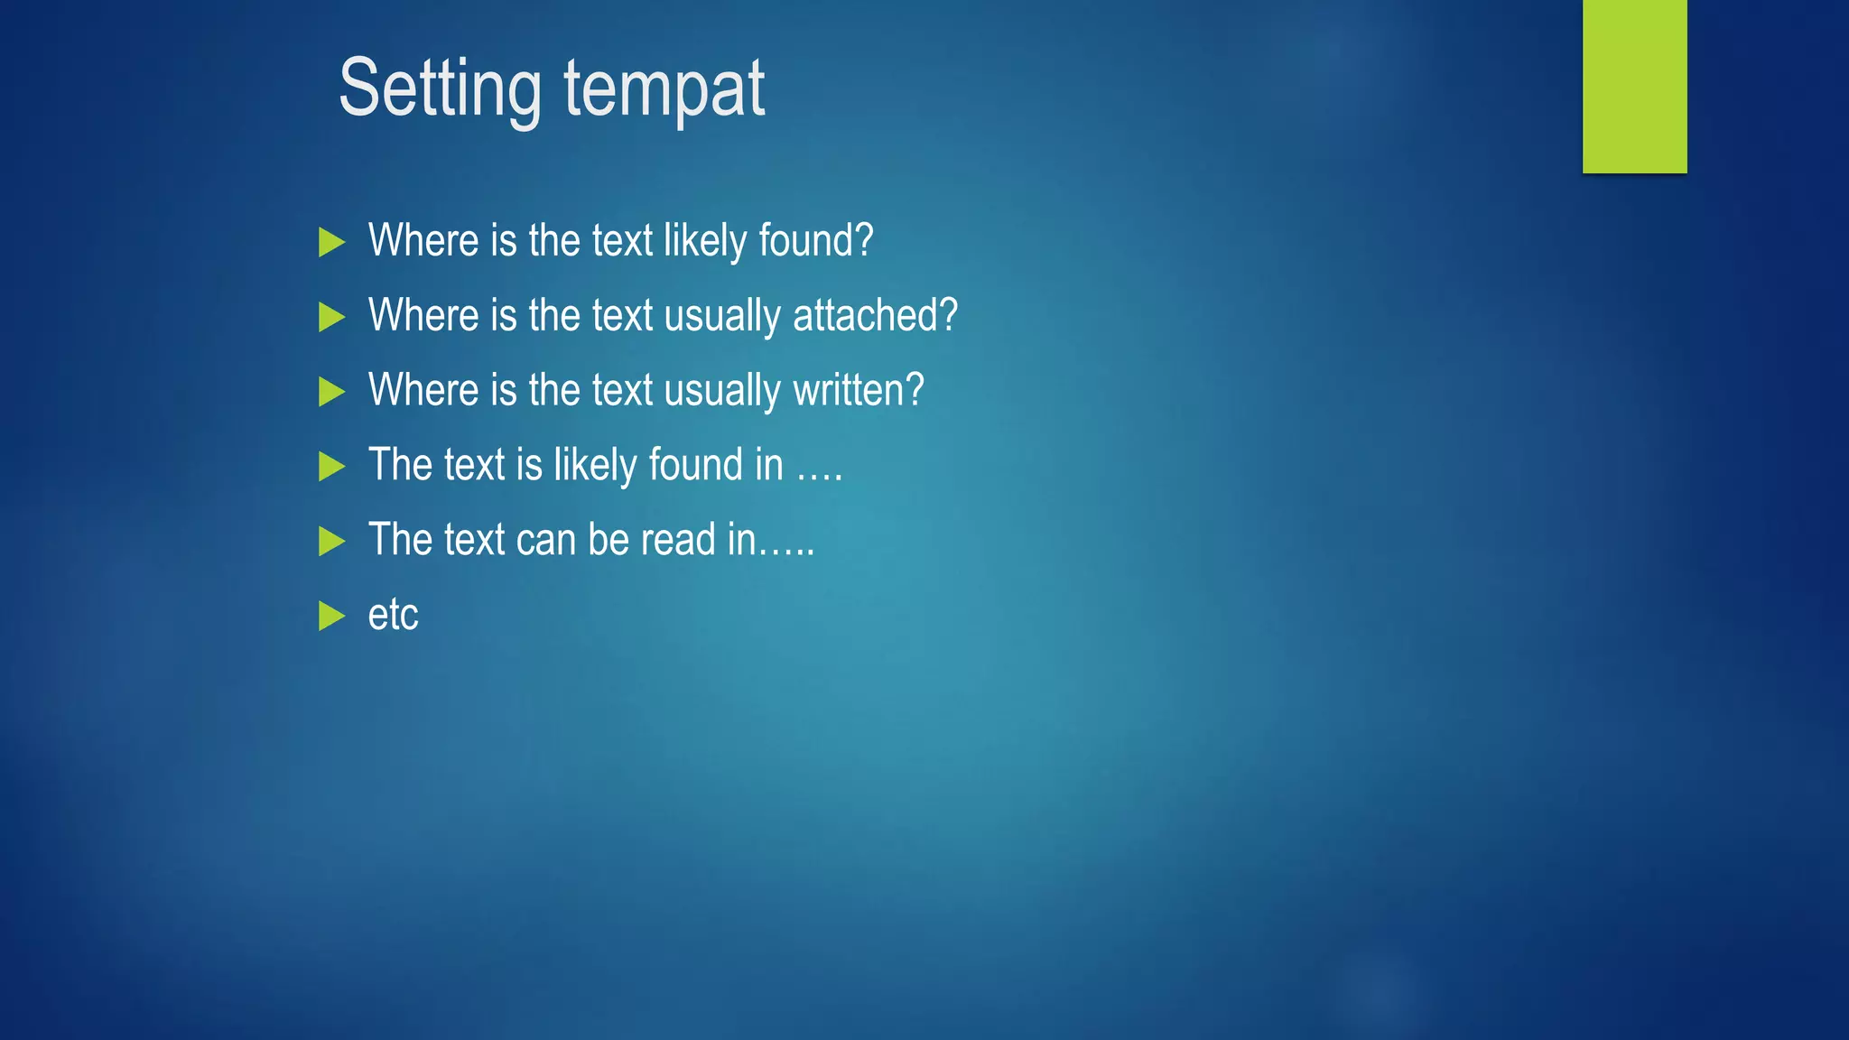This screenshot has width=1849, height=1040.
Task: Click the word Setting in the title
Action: pyautogui.click(x=440, y=88)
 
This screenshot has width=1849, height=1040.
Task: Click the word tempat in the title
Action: pyautogui.click(x=664, y=88)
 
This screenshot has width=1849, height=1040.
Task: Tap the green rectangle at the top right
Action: pyautogui.click(x=1634, y=86)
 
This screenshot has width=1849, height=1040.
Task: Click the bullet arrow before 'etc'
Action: pyautogui.click(x=331, y=616)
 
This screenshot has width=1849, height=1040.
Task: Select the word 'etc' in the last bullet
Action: pyautogui.click(x=393, y=615)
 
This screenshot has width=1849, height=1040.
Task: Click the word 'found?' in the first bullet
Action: pyautogui.click(x=815, y=240)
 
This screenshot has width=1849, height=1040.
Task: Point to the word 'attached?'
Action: pyautogui.click(x=875, y=315)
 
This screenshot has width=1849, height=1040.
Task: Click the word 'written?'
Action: pyautogui.click(x=858, y=390)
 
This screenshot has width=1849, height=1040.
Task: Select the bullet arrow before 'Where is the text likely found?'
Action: pyautogui.click(x=331, y=242)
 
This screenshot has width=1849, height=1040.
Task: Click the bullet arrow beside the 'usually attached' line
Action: pyautogui.click(x=331, y=317)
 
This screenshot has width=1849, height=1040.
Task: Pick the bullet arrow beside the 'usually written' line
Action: pyautogui.click(x=331, y=392)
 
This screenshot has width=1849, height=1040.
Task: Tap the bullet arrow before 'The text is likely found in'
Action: pyautogui.click(x=331, y=467)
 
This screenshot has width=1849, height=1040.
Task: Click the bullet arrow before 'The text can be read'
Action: pyautogui.click(x=331, y=542)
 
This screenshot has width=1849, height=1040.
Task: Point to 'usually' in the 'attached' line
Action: pyautogui.click(x=722, y=315)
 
